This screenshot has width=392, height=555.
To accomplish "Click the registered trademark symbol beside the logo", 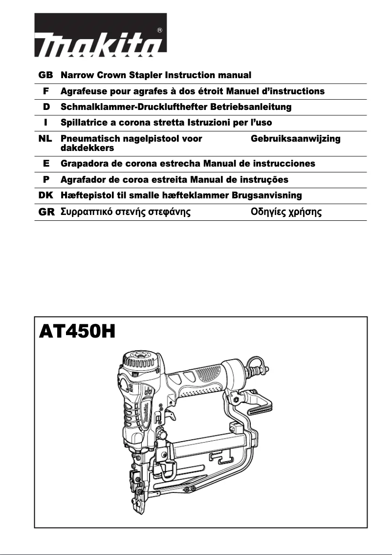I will click(x=160, y=30).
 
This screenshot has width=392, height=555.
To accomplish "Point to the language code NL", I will click(x=45, y=139).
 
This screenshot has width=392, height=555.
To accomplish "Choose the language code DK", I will click(x=45, y=195).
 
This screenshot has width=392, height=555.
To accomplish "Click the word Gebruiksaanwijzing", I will click(x=295, y=139).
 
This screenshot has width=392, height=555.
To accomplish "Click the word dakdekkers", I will click(x=87, y=148).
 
